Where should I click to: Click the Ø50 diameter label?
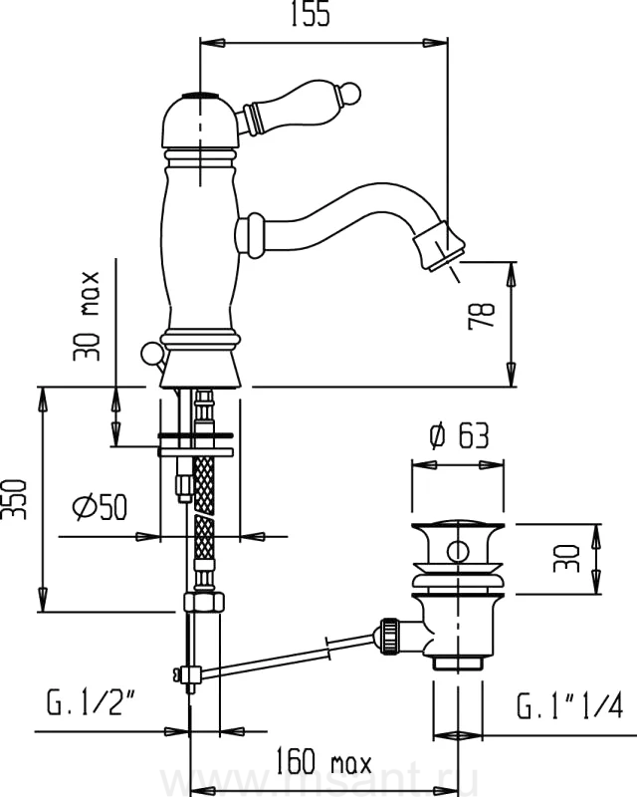[100, 509]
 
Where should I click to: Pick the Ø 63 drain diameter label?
[458, 436]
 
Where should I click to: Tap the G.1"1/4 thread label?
[568, 707]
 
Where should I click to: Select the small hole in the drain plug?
[458, 551]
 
